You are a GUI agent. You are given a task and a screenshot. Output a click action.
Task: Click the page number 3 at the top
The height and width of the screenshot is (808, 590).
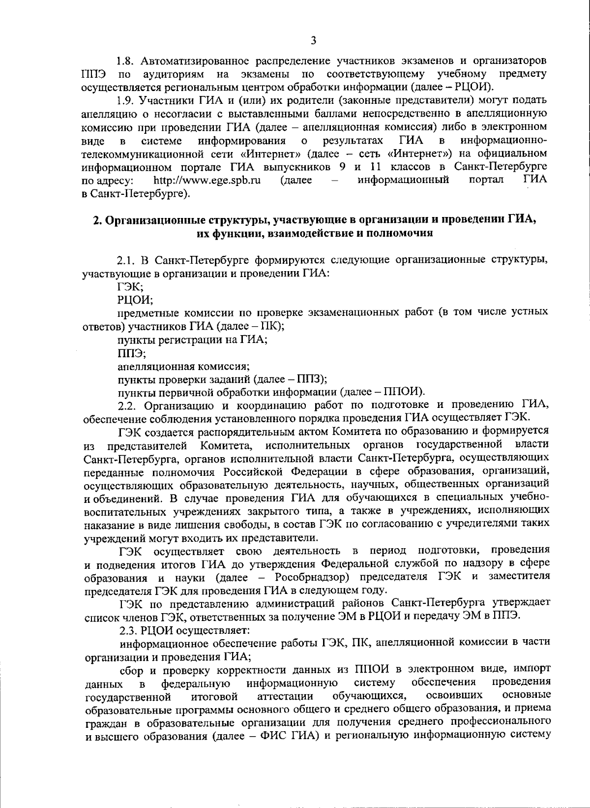pos(313,40)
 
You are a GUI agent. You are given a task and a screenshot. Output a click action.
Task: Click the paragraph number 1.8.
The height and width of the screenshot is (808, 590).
pos(126,62)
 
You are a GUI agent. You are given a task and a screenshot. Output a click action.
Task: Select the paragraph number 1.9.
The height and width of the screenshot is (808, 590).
pos(126,101)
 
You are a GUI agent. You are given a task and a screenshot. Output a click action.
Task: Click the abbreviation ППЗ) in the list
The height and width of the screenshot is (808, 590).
pos(313,379)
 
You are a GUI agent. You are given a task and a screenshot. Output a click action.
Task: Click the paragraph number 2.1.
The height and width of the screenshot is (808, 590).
pos(127,259)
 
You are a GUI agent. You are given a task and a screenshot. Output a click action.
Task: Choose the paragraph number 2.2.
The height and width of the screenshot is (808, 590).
pos(127,405)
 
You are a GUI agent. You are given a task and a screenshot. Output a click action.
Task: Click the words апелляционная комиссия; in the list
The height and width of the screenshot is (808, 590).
pos(184,366)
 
